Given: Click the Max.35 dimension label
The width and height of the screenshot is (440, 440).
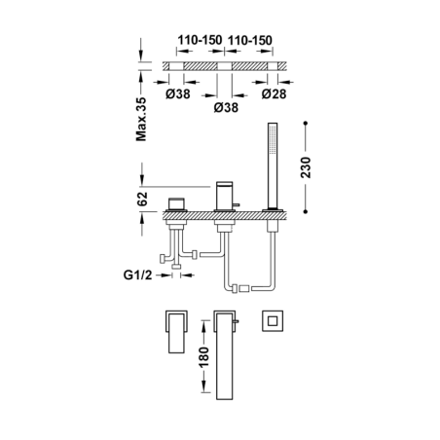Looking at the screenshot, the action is pos(141,119).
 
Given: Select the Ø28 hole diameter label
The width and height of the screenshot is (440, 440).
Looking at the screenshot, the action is pos(275,94).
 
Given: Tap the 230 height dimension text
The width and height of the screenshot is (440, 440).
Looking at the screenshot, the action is pos(306,167).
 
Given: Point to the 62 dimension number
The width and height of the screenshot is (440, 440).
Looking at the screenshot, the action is pos(142,199).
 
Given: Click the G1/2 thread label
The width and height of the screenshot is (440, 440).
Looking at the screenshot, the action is pos(137,275).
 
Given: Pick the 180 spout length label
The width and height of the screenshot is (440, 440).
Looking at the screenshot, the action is pos(204,357).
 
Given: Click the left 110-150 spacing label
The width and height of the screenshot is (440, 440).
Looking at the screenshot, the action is pos(200,40).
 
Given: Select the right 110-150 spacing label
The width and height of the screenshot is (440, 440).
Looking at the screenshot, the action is pos(250,40).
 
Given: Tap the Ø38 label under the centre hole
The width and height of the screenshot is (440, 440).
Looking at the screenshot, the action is pos(226,107).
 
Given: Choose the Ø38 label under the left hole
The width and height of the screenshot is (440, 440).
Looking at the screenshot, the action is pos(178,94).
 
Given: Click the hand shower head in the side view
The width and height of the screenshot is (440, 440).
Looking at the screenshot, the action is pos(273,165).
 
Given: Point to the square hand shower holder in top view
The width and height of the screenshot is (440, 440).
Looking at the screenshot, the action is pos(273,321).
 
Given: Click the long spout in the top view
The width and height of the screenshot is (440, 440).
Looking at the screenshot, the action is pos(224,355).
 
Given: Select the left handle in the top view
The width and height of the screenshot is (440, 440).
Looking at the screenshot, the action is pos(176,332).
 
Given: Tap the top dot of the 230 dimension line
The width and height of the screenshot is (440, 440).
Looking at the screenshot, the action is pos(306,124).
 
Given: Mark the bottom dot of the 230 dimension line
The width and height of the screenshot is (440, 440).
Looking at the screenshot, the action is pos(306,211).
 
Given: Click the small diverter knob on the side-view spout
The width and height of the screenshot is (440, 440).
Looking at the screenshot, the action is pos(237,204).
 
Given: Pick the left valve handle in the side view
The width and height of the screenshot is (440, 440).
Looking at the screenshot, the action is pos(176,204).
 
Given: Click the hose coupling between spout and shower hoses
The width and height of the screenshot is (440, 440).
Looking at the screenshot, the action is pos(244,288).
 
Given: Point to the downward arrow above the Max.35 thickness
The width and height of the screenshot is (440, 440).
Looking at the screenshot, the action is pos(141,49).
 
